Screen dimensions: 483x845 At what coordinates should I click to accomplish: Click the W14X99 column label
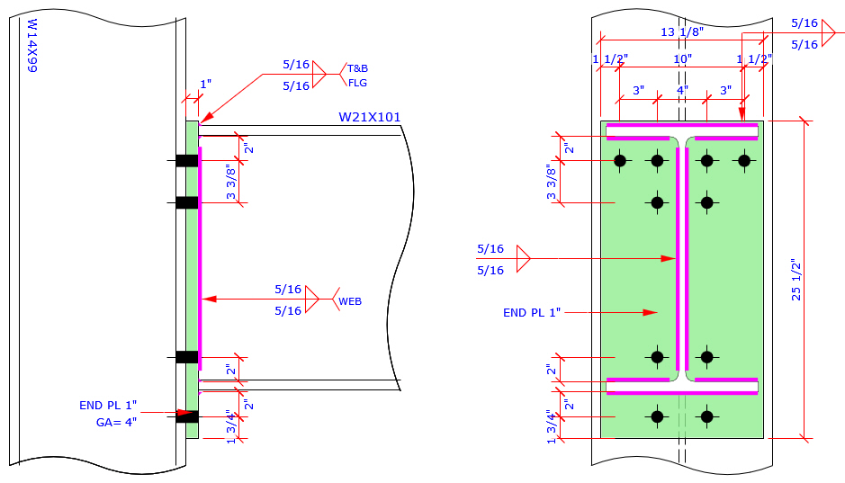coord(31,46)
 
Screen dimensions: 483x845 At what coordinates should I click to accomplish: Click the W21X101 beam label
coord(369,117)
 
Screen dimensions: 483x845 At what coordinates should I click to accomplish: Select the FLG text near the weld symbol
coord(357,83)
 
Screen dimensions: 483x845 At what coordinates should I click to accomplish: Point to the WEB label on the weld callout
coord(350,301)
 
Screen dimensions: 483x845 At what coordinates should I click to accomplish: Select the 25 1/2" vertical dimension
coord(796,280)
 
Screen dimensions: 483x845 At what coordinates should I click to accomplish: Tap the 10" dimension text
coord(682,59)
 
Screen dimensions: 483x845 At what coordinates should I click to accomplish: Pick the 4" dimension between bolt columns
coord(682,91)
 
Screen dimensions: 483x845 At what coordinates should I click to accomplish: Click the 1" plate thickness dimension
coord(205,85)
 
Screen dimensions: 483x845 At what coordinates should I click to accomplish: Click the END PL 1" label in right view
coord(532,312)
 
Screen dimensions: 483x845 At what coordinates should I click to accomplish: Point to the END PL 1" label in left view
coord(108,405)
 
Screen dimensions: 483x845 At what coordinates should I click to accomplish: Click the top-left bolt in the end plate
coord(619,161)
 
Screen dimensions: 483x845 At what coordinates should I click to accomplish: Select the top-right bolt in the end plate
coord(744,161)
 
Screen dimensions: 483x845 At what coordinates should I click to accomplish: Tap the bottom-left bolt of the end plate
coord(658,416)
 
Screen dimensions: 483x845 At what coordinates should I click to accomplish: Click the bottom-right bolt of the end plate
coord(707,416)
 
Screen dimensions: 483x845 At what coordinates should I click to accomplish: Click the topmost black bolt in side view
coord(186,161)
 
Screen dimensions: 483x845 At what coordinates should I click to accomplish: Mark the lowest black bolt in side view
coord(186,416)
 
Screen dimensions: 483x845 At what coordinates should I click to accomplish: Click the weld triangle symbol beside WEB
coord(312,300)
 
